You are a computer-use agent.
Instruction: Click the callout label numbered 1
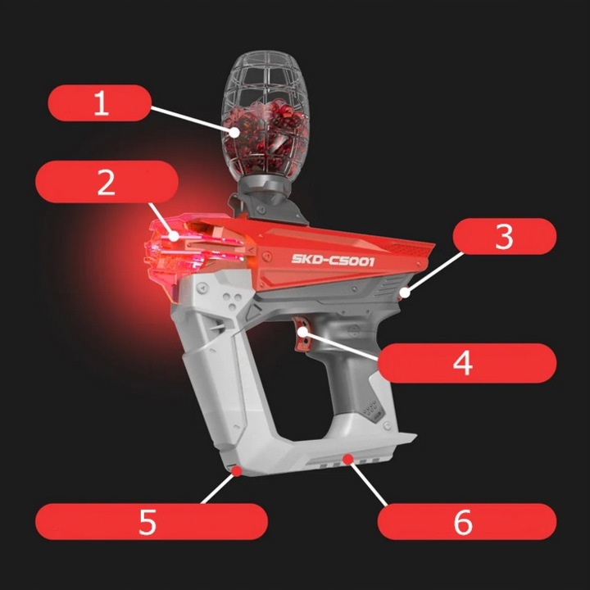(x=100, y=104)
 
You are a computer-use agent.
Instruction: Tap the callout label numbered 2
(x=107, y=182)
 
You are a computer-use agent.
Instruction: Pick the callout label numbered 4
(x=463, y=362)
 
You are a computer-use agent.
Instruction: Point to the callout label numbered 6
(x=464, y=521)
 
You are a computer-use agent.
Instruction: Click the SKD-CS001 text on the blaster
(x=333, y=260)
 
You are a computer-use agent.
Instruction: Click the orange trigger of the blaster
(x=305, y=338)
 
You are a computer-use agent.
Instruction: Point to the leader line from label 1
(x=193, y=118)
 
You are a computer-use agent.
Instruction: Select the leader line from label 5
(x=218, y=488)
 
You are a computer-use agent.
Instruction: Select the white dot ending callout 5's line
(x=236, y=470)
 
